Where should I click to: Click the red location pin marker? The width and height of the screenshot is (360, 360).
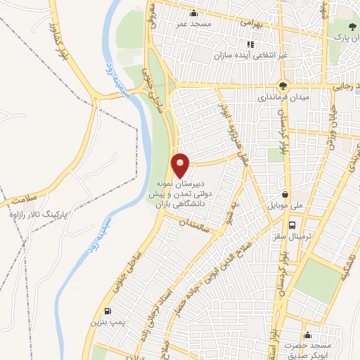pyautogui.click(x=181, y=165)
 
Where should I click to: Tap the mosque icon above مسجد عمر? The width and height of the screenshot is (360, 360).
pyautogui.click(x=194, y=13)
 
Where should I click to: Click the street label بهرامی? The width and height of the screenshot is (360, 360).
pyautogui.click(x=250, y=22)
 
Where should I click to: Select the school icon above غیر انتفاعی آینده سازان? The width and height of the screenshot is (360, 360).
pyautogui.click(x=251, y=44)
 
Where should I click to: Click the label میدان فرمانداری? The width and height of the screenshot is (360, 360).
pyautogui.click(x=279, y=97)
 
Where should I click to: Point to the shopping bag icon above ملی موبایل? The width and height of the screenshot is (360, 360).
pyautogui.click(x=284, y=195)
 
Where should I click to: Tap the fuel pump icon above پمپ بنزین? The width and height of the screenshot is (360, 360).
pyautogui.click(x=107, y=311)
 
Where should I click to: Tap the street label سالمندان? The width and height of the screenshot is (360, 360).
pyautogui.click(x=194, y=229)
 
